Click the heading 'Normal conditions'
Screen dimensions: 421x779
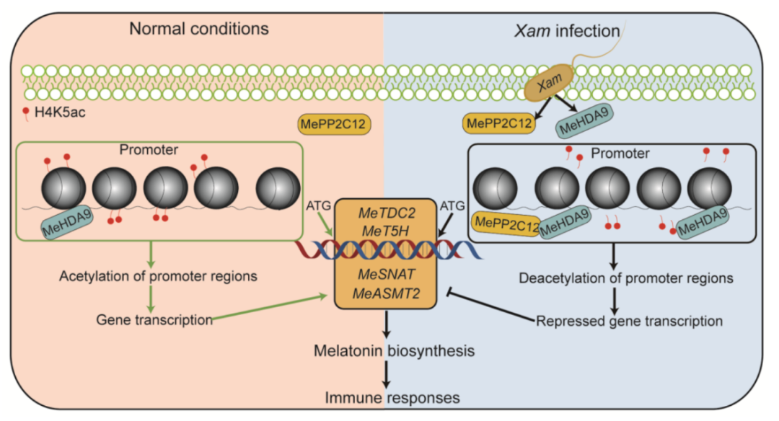pos(198,30)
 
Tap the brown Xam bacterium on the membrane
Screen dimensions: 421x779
pos(550,85)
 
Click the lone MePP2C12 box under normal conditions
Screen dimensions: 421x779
pos(334,124)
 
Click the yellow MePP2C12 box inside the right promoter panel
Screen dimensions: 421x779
pos(507,225)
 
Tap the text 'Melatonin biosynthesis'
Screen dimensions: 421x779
pos(394,351)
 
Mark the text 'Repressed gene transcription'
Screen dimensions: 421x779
pos(630,320)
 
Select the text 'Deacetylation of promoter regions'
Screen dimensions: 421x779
pos(626,278)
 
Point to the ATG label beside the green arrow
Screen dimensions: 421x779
pos(318,205)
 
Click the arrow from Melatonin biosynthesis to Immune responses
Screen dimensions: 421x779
pos(388,373)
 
